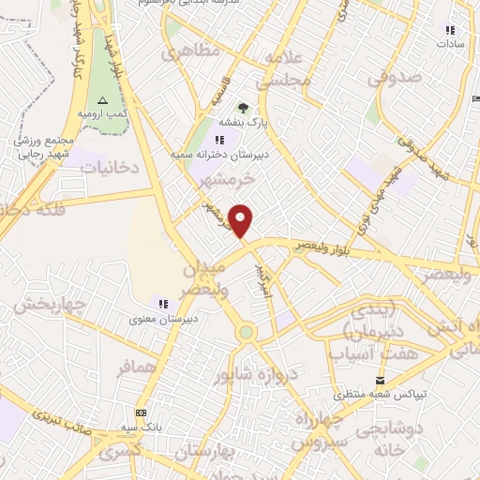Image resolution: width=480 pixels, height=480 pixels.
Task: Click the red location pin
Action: [x=242, y=220]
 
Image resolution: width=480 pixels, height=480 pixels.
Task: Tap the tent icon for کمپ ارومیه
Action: [x=103, y=100]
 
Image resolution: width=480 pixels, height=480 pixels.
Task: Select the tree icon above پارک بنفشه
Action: [x=244, y=108]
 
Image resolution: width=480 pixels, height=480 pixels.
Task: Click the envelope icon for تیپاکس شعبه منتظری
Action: [x=379, y=380]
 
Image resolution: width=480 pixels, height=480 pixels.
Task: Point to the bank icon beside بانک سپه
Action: [x=141, y=412]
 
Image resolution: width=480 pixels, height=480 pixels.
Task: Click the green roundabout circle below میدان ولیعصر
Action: [x=246, y=331]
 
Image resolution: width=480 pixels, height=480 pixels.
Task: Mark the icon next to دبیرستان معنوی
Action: [x=161, y=304]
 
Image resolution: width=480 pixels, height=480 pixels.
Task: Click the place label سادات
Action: [x=448, y=43]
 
